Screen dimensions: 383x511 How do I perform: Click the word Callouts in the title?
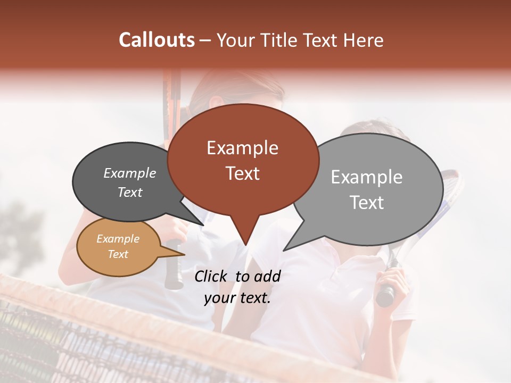156,40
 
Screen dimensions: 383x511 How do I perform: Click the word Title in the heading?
274,40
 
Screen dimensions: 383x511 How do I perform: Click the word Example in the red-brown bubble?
242,148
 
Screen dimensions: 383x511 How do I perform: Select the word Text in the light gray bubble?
367,203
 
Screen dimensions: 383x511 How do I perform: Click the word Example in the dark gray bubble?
130,173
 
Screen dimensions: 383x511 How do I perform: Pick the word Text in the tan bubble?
118,254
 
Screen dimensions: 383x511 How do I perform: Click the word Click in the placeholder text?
212,276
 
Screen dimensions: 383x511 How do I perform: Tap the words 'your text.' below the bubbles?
237,298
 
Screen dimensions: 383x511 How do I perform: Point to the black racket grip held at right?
385,295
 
